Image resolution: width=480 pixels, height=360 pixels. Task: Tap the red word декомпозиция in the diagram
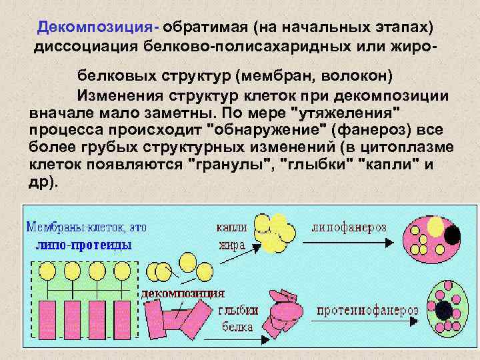pyautogui.click(x=182, y=293)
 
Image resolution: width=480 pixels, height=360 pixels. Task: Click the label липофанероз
pyautogui.click(x=349, y=227)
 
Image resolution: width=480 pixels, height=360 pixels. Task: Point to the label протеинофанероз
pyautogui.click(x=367, y=311)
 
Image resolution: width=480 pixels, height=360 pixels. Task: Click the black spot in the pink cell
pyautogui.click(x=453, y=235)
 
